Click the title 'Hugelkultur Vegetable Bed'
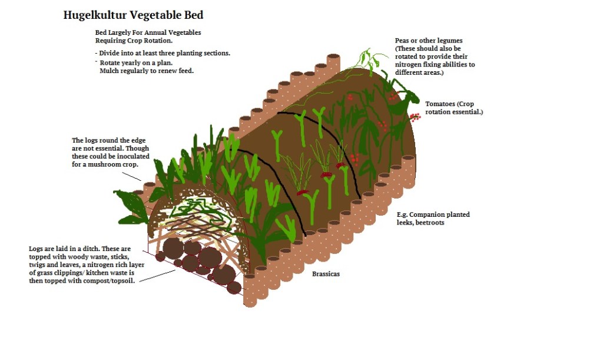[133, 15]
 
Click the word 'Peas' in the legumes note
[403, 41]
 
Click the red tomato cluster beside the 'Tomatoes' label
[416, 117]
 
